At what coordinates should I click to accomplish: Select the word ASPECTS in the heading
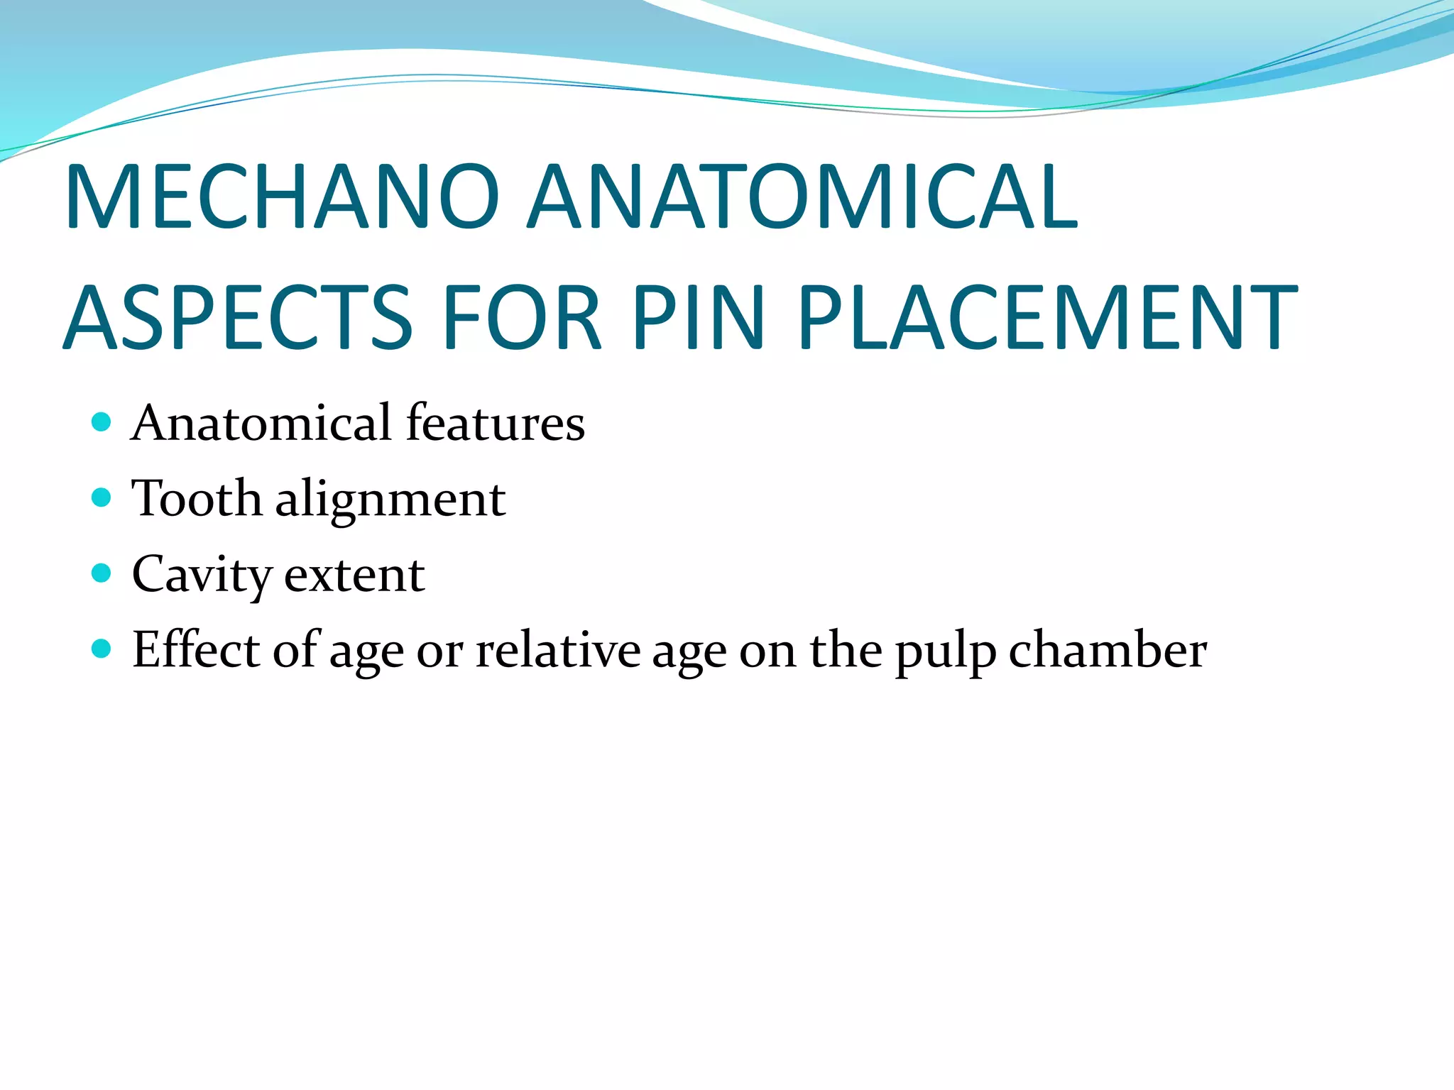coord(239,317)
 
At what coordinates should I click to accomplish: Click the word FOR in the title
coord(523,317)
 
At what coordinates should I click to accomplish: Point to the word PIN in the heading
coord(699,317)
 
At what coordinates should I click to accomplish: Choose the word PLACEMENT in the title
coord(1048,317)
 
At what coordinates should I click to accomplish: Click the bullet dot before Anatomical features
coord(102,423)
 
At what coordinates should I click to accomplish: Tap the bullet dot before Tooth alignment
coord(102,497)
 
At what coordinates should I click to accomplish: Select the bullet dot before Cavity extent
coord(102,573)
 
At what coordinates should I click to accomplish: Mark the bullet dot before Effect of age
coord(102,648)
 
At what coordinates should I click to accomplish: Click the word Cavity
coord(202,575)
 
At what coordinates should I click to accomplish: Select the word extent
coord(354,575)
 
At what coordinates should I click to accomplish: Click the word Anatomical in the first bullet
coord(262,423)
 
